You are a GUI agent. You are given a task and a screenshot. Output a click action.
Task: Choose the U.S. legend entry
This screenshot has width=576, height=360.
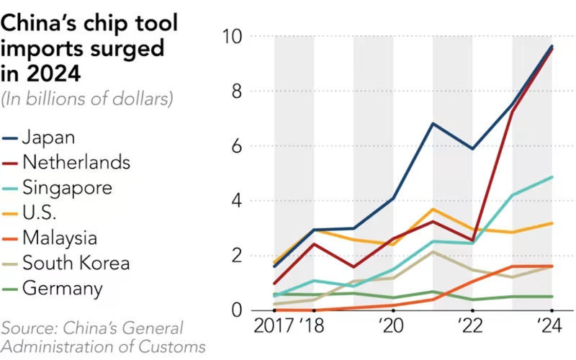(40, 213)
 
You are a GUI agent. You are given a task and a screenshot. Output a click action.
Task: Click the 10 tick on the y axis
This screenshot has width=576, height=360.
(233, 37)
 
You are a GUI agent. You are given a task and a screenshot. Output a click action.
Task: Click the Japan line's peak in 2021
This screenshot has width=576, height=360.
(433, 123)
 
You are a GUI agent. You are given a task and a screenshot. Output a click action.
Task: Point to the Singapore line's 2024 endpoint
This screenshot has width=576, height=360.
(552, 176)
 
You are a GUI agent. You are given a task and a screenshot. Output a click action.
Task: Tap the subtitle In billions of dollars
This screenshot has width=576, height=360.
(87, 99)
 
